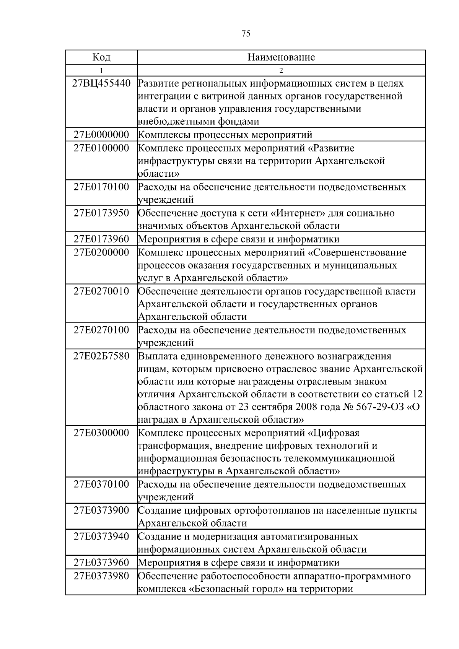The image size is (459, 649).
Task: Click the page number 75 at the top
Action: click(x=246, y=34)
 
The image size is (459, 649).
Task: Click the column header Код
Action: click(x=101, y=57)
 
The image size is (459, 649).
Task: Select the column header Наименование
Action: click(x=281, y=57)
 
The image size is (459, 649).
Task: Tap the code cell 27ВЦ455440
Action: click(x=101, y=83)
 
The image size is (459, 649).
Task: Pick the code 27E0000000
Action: click(x=101, y=135)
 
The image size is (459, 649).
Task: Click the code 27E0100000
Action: click(x=101, y=148)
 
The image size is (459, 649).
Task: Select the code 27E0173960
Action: click(x=101, y=239)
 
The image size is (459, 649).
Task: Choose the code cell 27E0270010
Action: click(x=101, y=291)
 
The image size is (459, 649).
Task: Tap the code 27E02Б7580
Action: click(x=101, y=356)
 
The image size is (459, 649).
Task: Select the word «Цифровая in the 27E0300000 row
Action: click(x=334, y=433)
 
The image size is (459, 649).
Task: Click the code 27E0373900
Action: click(x=101, y=510)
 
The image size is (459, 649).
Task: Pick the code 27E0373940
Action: click(x=101, y=536)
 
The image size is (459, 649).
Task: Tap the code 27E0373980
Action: click(x=101, y=576)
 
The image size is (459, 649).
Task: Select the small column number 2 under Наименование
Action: click(x=281, y=70)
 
